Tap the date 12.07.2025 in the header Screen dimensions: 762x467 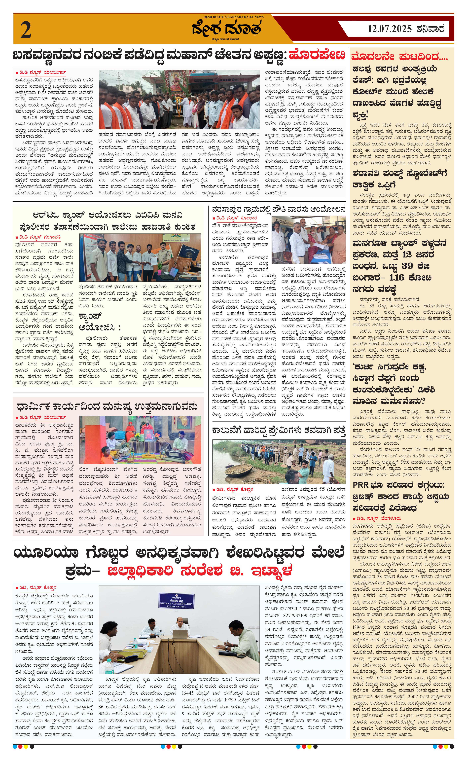390,29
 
